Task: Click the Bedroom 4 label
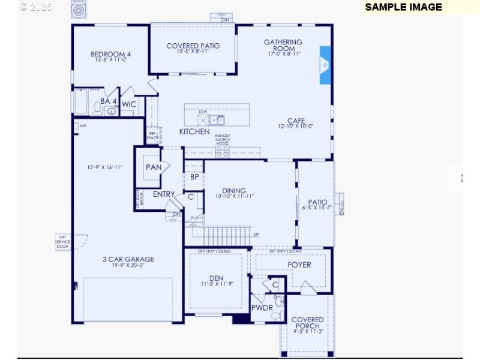pos(110,54)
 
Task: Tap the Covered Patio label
pos(193,46)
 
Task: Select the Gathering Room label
pos(283,46)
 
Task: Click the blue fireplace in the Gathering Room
pos(325,65)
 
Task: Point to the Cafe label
pos(296,121)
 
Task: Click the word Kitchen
pos(194,131)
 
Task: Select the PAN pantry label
pos(154,167)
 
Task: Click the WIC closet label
pos(129,104)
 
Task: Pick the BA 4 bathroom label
pos(109,101)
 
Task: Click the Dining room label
pos(234,191)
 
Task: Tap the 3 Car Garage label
pos(128,259)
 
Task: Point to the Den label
pos(215,278)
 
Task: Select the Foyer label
pos(299,265)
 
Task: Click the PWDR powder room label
pos(262,308)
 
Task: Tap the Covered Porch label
pos(308,323)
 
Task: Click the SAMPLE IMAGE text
pos(403,7)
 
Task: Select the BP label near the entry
pos(194,177)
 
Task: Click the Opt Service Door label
pos(62,242)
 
